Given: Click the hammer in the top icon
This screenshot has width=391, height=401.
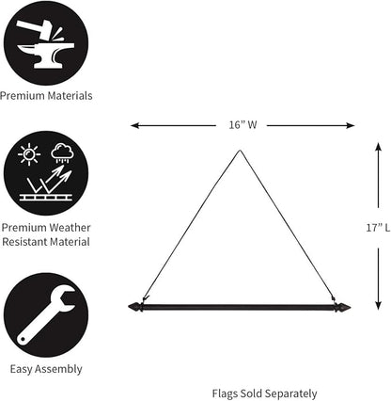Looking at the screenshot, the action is coord(36,27).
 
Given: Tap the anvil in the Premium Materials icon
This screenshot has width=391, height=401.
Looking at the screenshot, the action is coord(46,56).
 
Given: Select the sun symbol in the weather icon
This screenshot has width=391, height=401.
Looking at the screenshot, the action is coord(29,154).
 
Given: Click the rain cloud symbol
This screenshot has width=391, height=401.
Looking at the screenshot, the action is coord(63,153).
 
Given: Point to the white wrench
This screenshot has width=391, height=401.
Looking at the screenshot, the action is coord(45,315).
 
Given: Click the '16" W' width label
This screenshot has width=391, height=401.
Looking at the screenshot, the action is coord(242,125).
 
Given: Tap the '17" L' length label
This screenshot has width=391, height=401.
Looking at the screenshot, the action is coord(378,228).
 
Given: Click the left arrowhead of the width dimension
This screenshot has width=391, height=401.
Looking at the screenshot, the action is coord(134,125).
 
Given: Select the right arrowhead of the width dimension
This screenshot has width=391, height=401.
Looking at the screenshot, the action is coord(350,126).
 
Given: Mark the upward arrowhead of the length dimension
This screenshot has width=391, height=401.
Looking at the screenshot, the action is coord(379,147).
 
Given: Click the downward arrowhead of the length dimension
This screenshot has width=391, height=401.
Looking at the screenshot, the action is coord(379,306).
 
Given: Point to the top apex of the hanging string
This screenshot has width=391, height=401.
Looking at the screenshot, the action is coord(240,151).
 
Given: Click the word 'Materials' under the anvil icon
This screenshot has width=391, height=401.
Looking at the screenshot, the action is coord(70,96).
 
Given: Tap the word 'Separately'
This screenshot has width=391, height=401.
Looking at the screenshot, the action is coord(291,393).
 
